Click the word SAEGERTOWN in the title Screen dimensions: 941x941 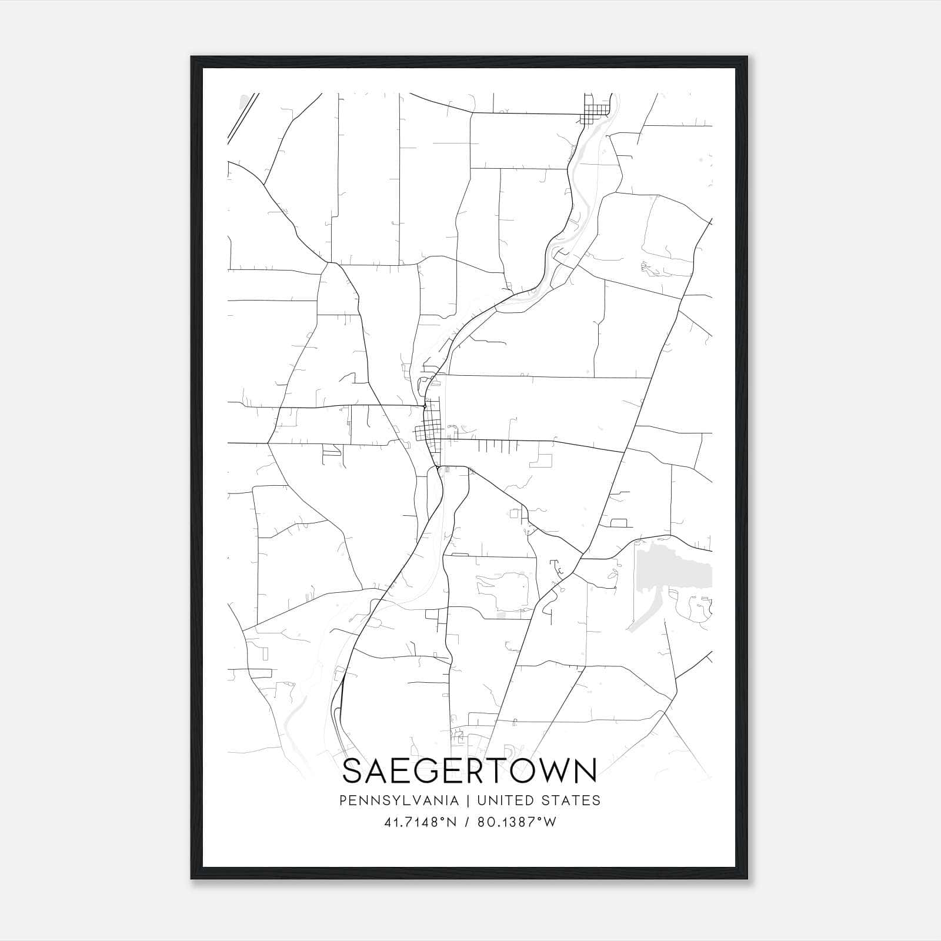(469, 771)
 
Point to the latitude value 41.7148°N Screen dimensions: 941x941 (420, 822)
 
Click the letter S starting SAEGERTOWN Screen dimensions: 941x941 (352, 771)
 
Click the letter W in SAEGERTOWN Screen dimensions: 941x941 (554, 771)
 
